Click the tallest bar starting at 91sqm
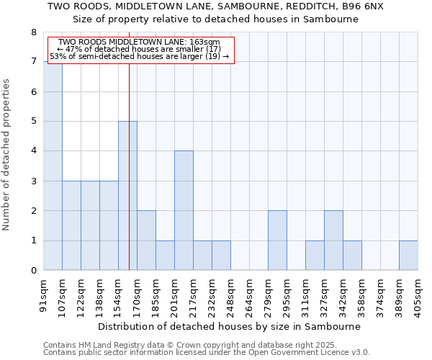point(53,166)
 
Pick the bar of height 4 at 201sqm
point(184,210)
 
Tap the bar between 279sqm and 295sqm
point(277,240)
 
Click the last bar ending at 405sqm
point(408,256)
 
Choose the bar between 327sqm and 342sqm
point(333,240)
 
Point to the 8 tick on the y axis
point(33,32)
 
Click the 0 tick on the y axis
point(33,271)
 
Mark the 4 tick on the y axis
point(33,151)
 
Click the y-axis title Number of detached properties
point(7,155)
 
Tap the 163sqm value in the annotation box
point(206,42)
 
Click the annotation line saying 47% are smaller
point(143,49)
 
